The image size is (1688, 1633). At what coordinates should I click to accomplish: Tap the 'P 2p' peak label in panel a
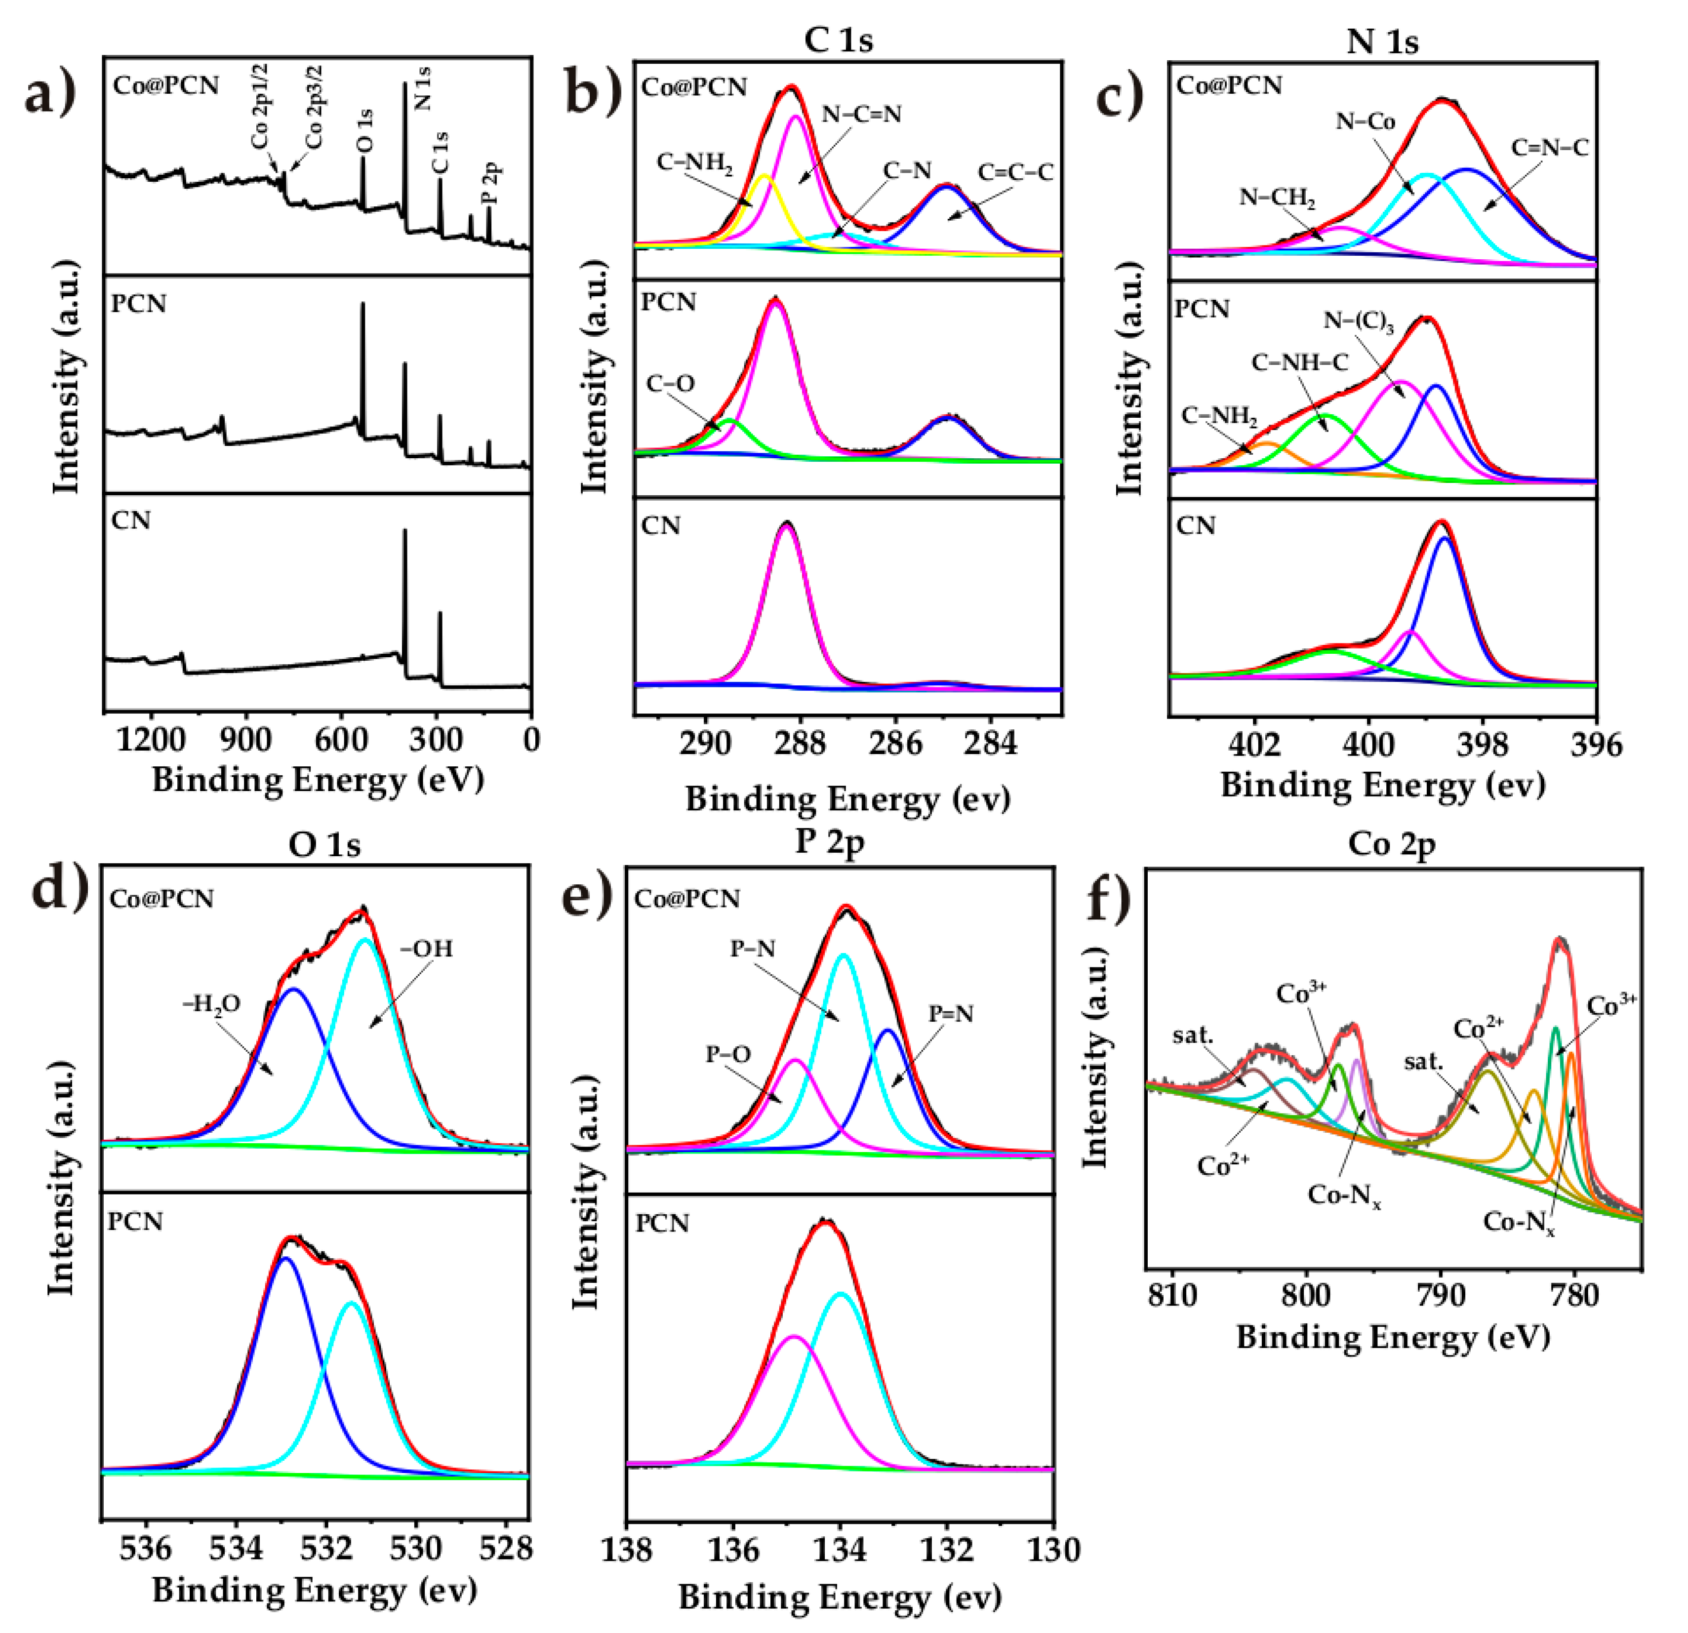[x=492, y=184]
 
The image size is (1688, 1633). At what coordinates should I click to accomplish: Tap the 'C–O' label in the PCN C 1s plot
[x=670, y=383]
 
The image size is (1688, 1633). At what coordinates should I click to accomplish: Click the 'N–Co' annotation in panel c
[x=1365, y=121]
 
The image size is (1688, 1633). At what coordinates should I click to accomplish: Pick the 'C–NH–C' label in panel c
[x=1300, y=362]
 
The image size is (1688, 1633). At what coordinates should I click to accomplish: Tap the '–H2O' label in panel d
[x=211, y=1003]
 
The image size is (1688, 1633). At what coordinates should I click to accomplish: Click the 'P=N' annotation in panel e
[x=951, y=1014]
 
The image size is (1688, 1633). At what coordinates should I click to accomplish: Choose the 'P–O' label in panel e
[x=728, y=1054]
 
